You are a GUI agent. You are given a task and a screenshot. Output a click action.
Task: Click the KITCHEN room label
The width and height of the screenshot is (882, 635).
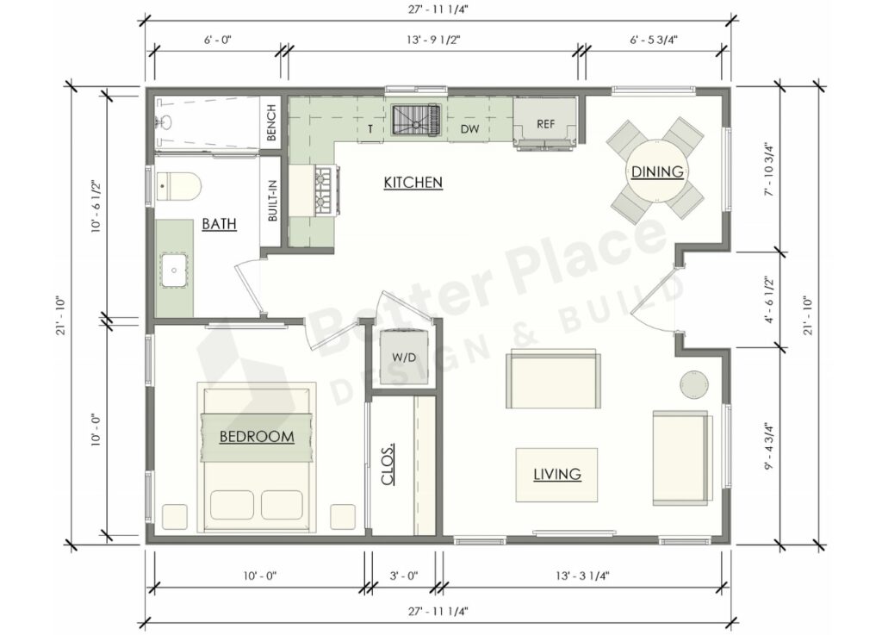pyautogui.click(x=413, y=182)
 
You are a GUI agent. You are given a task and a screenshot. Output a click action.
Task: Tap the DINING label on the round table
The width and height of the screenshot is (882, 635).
pyautogui.click(x=657, y=171)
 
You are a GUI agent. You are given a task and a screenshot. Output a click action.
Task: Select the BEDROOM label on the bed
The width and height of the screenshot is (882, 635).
pyautogui.click(x=256, y=437)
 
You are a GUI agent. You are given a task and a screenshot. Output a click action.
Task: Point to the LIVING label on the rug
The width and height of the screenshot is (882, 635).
pyautogui.click(x=556, y=474)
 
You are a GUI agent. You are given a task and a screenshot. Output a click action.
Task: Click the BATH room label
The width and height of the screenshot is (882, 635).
pyautogui.click(x=219, y=224)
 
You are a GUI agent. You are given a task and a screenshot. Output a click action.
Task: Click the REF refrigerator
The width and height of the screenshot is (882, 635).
pyautogui.click(x=545, y=124)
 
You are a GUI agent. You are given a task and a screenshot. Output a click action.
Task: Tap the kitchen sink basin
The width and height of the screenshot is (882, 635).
pyautogui.click(x=416, y=121)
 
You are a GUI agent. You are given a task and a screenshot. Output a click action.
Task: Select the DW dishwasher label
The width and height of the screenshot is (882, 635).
pyautogui.click(x=469, y=129)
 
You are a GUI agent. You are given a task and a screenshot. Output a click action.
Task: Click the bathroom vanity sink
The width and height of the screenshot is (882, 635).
pyautogui.click(x=176, y=269)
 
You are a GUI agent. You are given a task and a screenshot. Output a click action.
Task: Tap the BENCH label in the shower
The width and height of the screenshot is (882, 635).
pyautogui.click(x=271, y=123)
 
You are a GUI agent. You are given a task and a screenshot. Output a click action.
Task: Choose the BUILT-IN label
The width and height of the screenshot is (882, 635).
pyautogui.click(x=272, y=201)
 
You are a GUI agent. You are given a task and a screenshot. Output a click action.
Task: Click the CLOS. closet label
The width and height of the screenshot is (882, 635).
pyautogui.click(x=388, y=464)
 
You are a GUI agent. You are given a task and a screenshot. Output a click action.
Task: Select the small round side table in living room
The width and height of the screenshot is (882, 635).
pyautogui.click(x=694, y=384)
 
